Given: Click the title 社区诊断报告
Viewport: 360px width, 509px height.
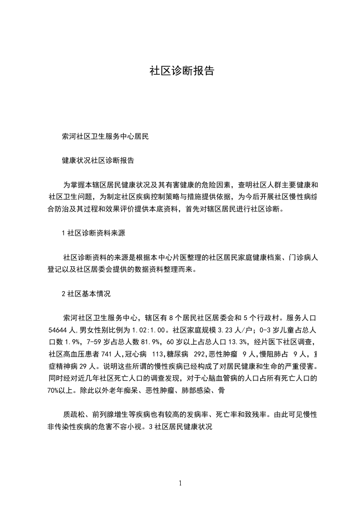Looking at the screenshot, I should click(x=182, y=71).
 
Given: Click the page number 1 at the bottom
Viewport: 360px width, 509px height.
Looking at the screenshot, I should click(x=180, y=483).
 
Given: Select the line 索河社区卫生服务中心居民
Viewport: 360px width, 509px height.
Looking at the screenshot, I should click(x=105, y=136).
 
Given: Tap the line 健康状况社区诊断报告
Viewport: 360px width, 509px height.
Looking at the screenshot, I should click(x=98, y=161).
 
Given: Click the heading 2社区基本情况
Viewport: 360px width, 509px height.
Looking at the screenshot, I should click(x=86, y=294).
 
